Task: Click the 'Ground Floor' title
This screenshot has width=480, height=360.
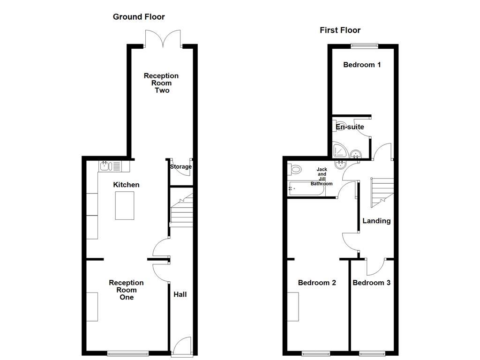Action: [x=139, y=17]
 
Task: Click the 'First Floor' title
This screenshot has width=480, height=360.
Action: [x=340, y=30]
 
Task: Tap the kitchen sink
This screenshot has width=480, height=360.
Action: [x=110, y=165]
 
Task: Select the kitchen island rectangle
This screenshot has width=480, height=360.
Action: [x=124, y=205]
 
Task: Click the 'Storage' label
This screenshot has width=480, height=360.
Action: [x=180, y=166]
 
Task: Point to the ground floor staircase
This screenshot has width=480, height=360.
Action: [x=181, y=210]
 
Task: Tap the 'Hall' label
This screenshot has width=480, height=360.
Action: [x=180, y=294]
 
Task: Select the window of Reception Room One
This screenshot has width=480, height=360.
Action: [x=128, y=353]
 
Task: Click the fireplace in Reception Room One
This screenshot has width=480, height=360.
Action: [x=92, y=307]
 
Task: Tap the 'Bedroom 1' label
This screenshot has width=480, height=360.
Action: [x=361, y=65]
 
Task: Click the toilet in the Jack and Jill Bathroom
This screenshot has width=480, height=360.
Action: [x=295, y=169]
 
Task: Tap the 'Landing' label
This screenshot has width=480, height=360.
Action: [x=376, y=221]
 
